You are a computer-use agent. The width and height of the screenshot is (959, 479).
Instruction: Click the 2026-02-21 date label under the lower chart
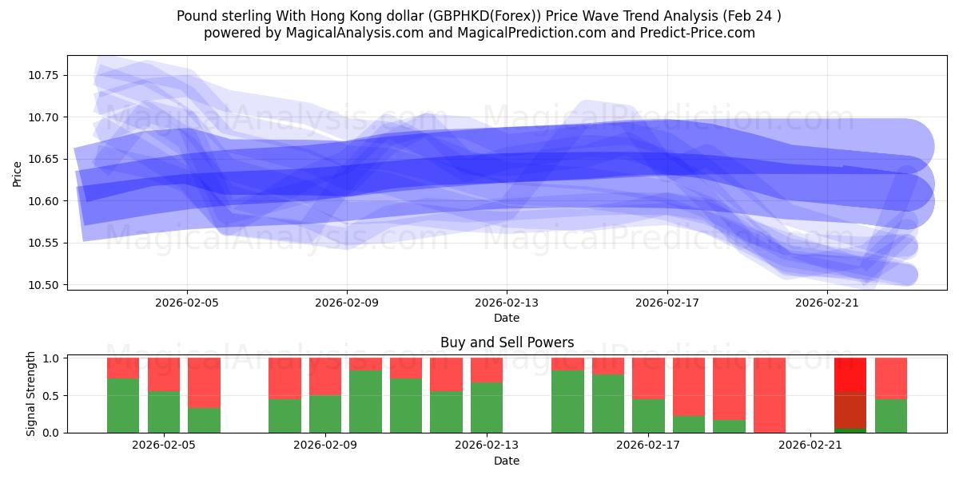(x=810, y=445)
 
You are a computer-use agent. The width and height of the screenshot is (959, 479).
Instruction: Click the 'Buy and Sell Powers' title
(x=507, y=342)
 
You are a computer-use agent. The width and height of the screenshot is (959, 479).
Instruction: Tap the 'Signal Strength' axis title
(x=31, y=394)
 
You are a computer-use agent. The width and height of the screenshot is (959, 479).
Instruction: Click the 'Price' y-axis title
(x=18, y=172)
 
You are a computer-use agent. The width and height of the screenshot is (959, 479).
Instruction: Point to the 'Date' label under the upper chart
(x=507, y=318)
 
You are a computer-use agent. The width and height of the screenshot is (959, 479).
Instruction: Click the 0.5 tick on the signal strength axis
(x=50, y=395)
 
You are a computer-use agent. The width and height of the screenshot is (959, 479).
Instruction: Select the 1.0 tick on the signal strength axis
(x=50, y=358)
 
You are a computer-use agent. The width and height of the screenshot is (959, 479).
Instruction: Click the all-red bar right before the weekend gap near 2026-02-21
(x=769, y=395)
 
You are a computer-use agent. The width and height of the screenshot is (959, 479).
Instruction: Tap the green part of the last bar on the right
(x=890, y=415)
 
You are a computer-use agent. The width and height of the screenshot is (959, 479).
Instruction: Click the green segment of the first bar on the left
(x=123, y=406)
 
